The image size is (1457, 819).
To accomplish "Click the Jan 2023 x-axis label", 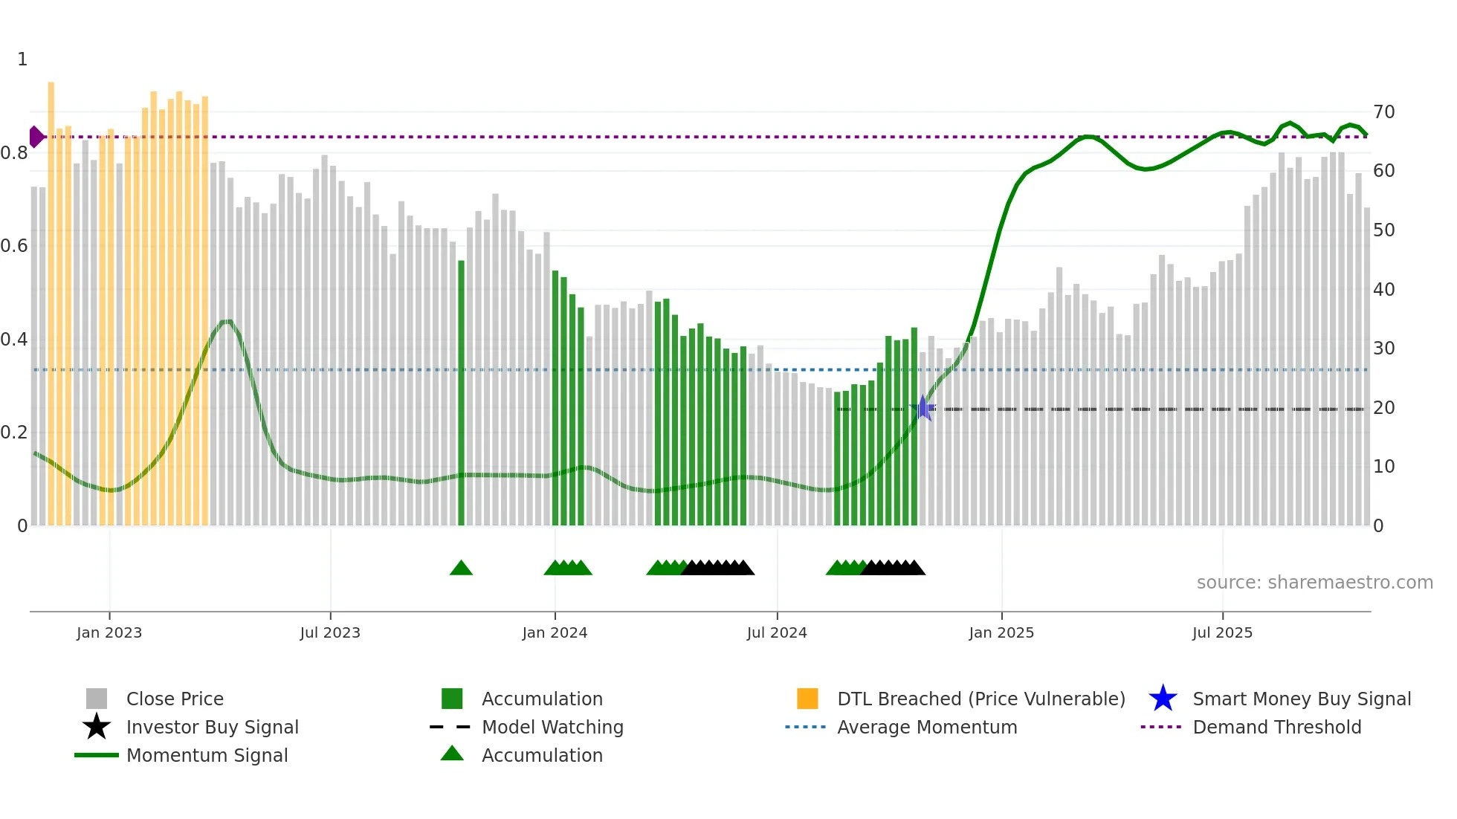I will (x=109, y=632).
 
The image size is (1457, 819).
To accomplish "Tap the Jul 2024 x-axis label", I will (x=777, y=632).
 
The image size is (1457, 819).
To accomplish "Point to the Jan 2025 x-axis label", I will (x=1001, y=632).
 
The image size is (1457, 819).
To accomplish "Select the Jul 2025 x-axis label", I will (x=1222, y=632).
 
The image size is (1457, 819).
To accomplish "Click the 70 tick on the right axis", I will (x=1383, y=112).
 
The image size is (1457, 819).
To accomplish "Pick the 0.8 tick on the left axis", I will (x=14, y=153).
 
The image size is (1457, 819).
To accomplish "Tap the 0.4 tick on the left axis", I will (x=14, y=340).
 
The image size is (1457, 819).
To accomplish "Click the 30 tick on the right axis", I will (x=1383, y=349).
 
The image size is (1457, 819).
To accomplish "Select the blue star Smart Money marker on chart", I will (x=923, y=408).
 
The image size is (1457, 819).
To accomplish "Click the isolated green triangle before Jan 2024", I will (x=461, y=569).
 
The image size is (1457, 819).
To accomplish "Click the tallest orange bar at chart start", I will (x=51, y=297).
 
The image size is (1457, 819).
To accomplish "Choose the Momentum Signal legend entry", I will (x=207, y=755).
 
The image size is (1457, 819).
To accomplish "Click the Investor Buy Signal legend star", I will (x=97, y=727).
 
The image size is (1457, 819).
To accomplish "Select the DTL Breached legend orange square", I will (x=807, y=699).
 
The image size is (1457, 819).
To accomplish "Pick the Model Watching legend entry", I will (x=552, y=727).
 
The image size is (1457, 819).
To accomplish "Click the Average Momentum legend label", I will (x=926, y=727).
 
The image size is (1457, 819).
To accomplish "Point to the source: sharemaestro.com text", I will (x=1314, y=583).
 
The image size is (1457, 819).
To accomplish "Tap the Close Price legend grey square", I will (x=97, y=699).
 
